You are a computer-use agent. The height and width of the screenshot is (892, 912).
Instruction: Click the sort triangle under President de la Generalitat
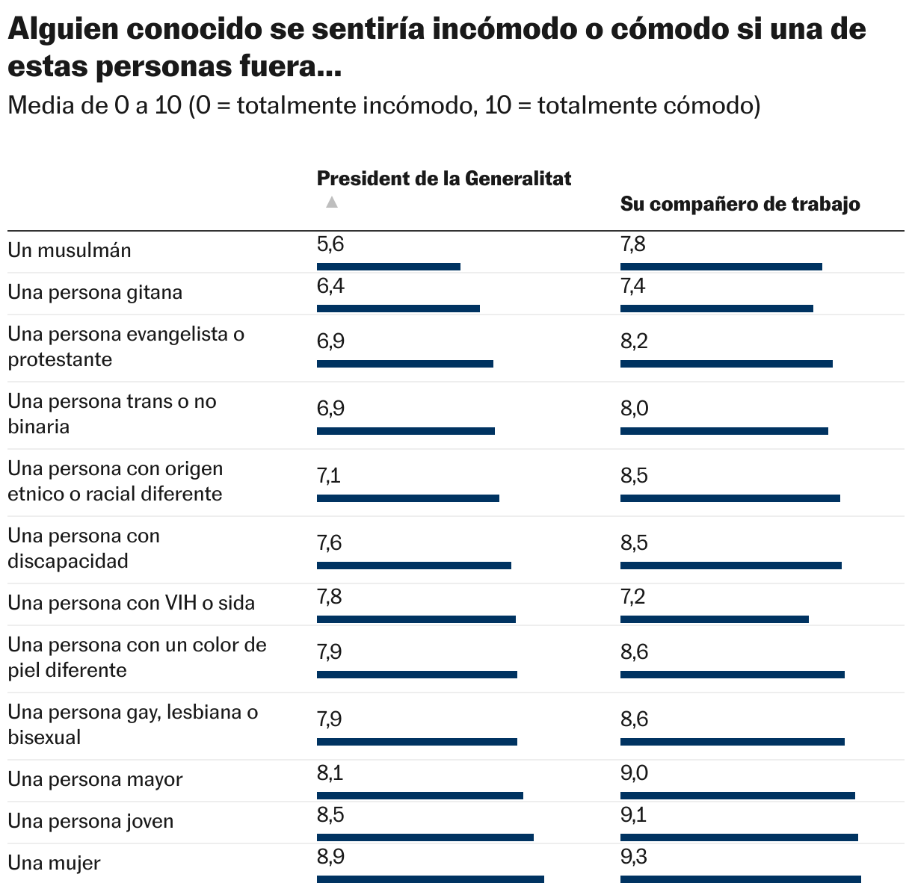(332, 202)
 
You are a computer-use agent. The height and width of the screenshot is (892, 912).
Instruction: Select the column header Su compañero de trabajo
(739, 204)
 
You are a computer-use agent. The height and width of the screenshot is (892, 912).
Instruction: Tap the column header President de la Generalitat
(444, 179)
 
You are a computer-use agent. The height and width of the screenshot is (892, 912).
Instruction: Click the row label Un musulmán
(70, 250)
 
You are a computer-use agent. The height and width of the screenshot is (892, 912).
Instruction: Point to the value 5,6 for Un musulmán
(330, 244)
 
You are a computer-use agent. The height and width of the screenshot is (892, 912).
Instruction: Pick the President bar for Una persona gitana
(398, 309)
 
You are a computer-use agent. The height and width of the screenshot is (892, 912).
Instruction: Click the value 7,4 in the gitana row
(633, 286)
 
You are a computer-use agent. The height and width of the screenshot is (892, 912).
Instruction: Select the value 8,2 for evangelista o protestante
(634, 341)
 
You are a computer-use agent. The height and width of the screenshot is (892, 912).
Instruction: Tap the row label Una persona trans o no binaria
(112, 414)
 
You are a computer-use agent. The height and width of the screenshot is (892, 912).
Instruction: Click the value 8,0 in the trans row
(634, 409)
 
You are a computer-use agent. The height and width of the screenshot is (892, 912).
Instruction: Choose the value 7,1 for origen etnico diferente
(329, 476)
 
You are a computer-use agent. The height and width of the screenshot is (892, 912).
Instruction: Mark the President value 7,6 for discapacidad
(330, 543)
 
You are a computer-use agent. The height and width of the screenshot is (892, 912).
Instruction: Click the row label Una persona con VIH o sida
(132, 603)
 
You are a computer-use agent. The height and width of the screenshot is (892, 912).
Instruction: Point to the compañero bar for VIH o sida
(715, 619)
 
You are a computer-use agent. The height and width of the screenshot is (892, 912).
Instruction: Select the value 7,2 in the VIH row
(633, 597)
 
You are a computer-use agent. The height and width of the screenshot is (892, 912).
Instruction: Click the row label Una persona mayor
(96, 779)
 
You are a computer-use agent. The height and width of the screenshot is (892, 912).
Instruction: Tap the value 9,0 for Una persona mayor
(634, 773)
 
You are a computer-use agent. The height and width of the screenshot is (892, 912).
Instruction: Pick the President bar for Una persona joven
(425, 837)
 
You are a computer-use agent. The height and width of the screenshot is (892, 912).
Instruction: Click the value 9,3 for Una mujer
(634, 857)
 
